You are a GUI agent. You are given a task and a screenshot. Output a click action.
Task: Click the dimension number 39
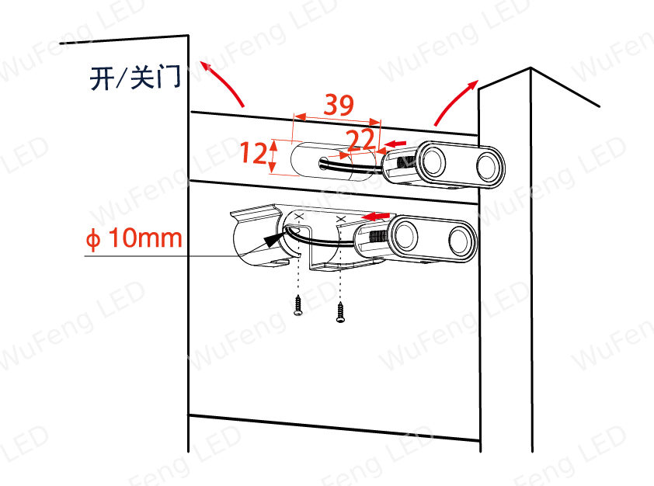point(339,105)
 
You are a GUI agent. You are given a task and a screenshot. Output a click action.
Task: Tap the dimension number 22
point(360,140)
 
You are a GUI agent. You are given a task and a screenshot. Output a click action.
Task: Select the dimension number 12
point(253,153)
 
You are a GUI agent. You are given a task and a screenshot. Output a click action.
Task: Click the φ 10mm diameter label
point(134,238)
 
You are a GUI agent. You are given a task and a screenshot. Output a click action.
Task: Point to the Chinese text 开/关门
point(136,78)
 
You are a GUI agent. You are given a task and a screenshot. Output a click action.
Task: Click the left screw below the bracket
point(297,305)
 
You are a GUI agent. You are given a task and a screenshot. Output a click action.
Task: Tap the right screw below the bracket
point(340,312)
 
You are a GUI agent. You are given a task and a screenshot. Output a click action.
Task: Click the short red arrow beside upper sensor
point(395,144)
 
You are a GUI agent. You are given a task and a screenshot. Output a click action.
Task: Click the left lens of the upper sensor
point(433,161)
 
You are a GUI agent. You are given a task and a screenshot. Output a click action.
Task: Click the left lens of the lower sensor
point(405,234)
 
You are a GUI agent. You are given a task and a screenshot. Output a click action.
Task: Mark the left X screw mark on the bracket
point(298,216)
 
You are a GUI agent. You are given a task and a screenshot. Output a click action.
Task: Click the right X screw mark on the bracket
point(341,219)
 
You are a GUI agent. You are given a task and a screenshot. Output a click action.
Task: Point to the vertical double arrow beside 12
point(273,156)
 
